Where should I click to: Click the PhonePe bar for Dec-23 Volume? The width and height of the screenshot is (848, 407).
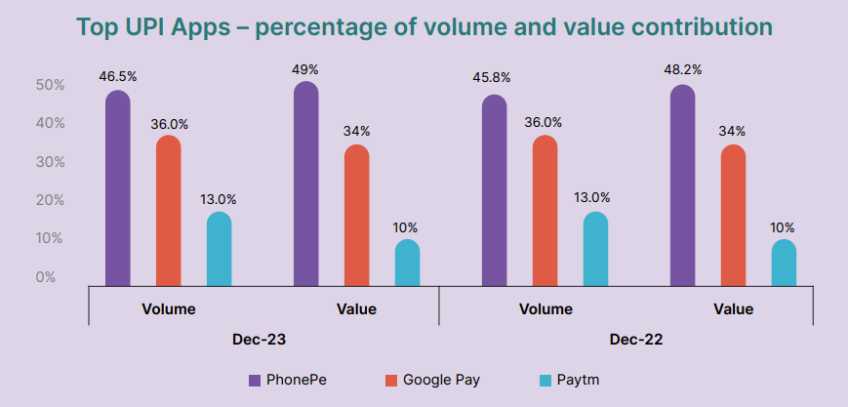click(x=117, y=189)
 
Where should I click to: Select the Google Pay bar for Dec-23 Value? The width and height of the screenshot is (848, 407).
click(x=357, y=216)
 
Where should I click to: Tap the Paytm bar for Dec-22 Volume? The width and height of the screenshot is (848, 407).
click(x=595, y=250)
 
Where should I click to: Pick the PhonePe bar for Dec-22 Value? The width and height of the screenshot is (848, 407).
click(x=683, y=186)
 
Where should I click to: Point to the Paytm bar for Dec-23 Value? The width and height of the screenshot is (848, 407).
click(x=407, y=264)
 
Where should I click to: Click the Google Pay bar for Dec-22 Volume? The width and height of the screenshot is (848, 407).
click(x=545, y=211)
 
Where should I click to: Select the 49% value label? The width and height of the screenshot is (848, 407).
click(x=305, y=69)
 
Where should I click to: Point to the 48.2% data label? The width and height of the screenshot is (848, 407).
click(x=683, y=69)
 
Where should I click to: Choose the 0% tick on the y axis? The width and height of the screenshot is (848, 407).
click(x=46, y=277)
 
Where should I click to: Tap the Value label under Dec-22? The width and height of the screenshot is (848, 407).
click(x=733, y=309)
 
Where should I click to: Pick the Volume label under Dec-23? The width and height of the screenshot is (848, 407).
click(x=168, y=309)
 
